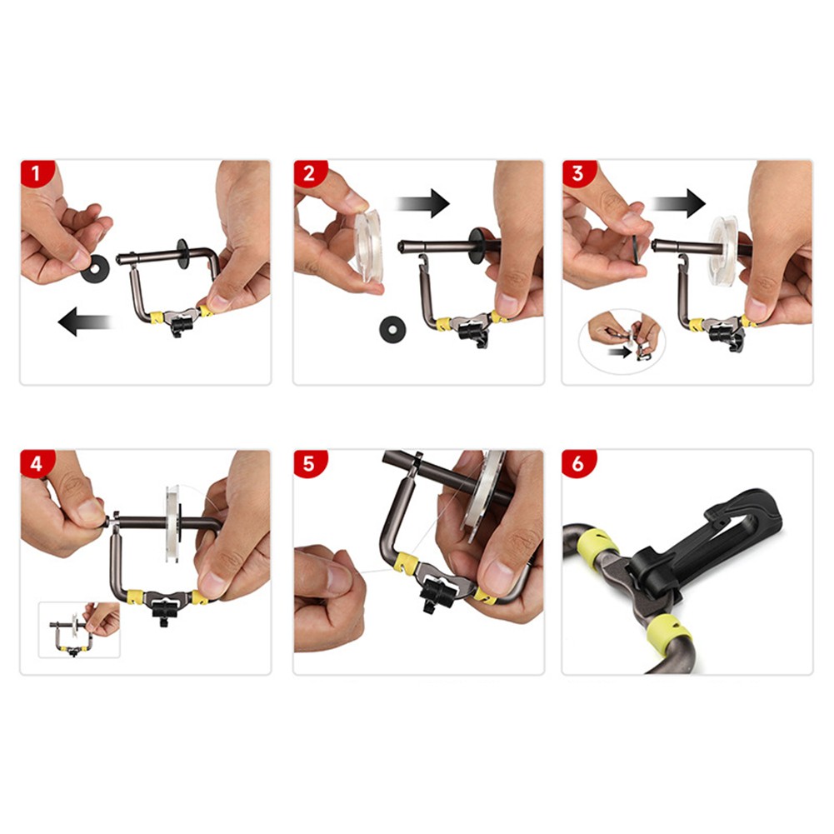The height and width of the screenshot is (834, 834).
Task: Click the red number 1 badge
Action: pyautogui.click(x=36, y=172)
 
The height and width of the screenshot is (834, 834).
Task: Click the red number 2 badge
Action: pyautogui.click(x=309, y=172)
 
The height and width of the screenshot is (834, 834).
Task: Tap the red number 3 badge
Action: pyautogui.click(x=577, y=172)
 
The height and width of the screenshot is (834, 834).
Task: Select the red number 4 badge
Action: pyautogui.click(x=36, y=462)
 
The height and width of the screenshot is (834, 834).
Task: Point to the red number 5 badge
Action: pyautogui.click(x=309, y=462)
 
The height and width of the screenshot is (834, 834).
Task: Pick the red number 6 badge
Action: pyautogui.click(x=578, y=462)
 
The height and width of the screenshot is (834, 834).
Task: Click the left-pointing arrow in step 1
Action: pyautogui.click(x=85, y=322)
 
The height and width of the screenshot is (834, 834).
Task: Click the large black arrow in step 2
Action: pyautogui.click(x=423, y=203)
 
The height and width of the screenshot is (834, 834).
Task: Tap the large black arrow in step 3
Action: pyautogui.click(x=679, y=203)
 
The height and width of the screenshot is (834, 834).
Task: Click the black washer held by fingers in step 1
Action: pyautogui.click(x=95, y=268)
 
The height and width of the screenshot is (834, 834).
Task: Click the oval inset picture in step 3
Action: pyautogui.click(x=622, y=341)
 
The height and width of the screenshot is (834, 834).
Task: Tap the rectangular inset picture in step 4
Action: pyautogui.click(x=79, y=630)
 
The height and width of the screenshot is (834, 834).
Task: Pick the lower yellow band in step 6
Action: pyautogui.click(x=668, y=632)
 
